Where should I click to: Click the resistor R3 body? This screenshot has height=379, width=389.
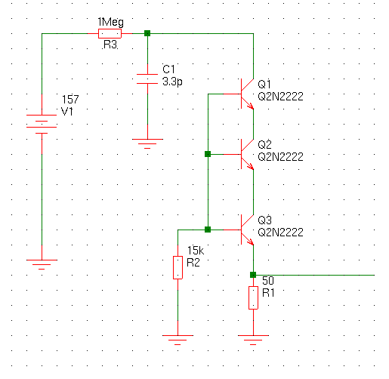[110, 33]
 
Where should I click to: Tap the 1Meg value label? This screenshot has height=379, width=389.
[111, 23]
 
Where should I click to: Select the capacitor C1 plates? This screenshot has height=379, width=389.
[147, 79]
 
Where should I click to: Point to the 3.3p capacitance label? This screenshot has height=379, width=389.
[172, 82]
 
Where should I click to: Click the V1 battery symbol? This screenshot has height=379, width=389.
[42, 124]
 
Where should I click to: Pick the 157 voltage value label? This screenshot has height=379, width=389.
[70, 100]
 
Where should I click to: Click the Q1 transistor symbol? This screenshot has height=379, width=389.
[247, 94]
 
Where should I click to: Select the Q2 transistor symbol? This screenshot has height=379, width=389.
[247, 154]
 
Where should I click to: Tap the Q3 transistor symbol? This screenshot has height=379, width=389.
[247, 230]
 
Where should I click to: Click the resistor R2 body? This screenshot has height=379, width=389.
[178, 267]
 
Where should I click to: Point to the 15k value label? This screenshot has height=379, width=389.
[196, 251]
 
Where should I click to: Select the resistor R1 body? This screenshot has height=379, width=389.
[253, 297]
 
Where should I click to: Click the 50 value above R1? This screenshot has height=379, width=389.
[268, 281]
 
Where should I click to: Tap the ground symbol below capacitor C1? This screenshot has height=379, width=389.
[147, 143]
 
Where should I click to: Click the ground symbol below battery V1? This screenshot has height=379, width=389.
[42, 264]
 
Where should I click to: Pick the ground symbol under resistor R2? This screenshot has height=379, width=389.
[178, 340]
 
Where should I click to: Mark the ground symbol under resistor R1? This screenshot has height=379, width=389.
[253, 340]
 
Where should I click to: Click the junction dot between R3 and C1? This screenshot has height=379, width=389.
[147, 33]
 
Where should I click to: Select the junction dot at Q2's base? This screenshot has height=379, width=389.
[208, 154]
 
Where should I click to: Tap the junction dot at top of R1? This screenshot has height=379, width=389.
[253, 275]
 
